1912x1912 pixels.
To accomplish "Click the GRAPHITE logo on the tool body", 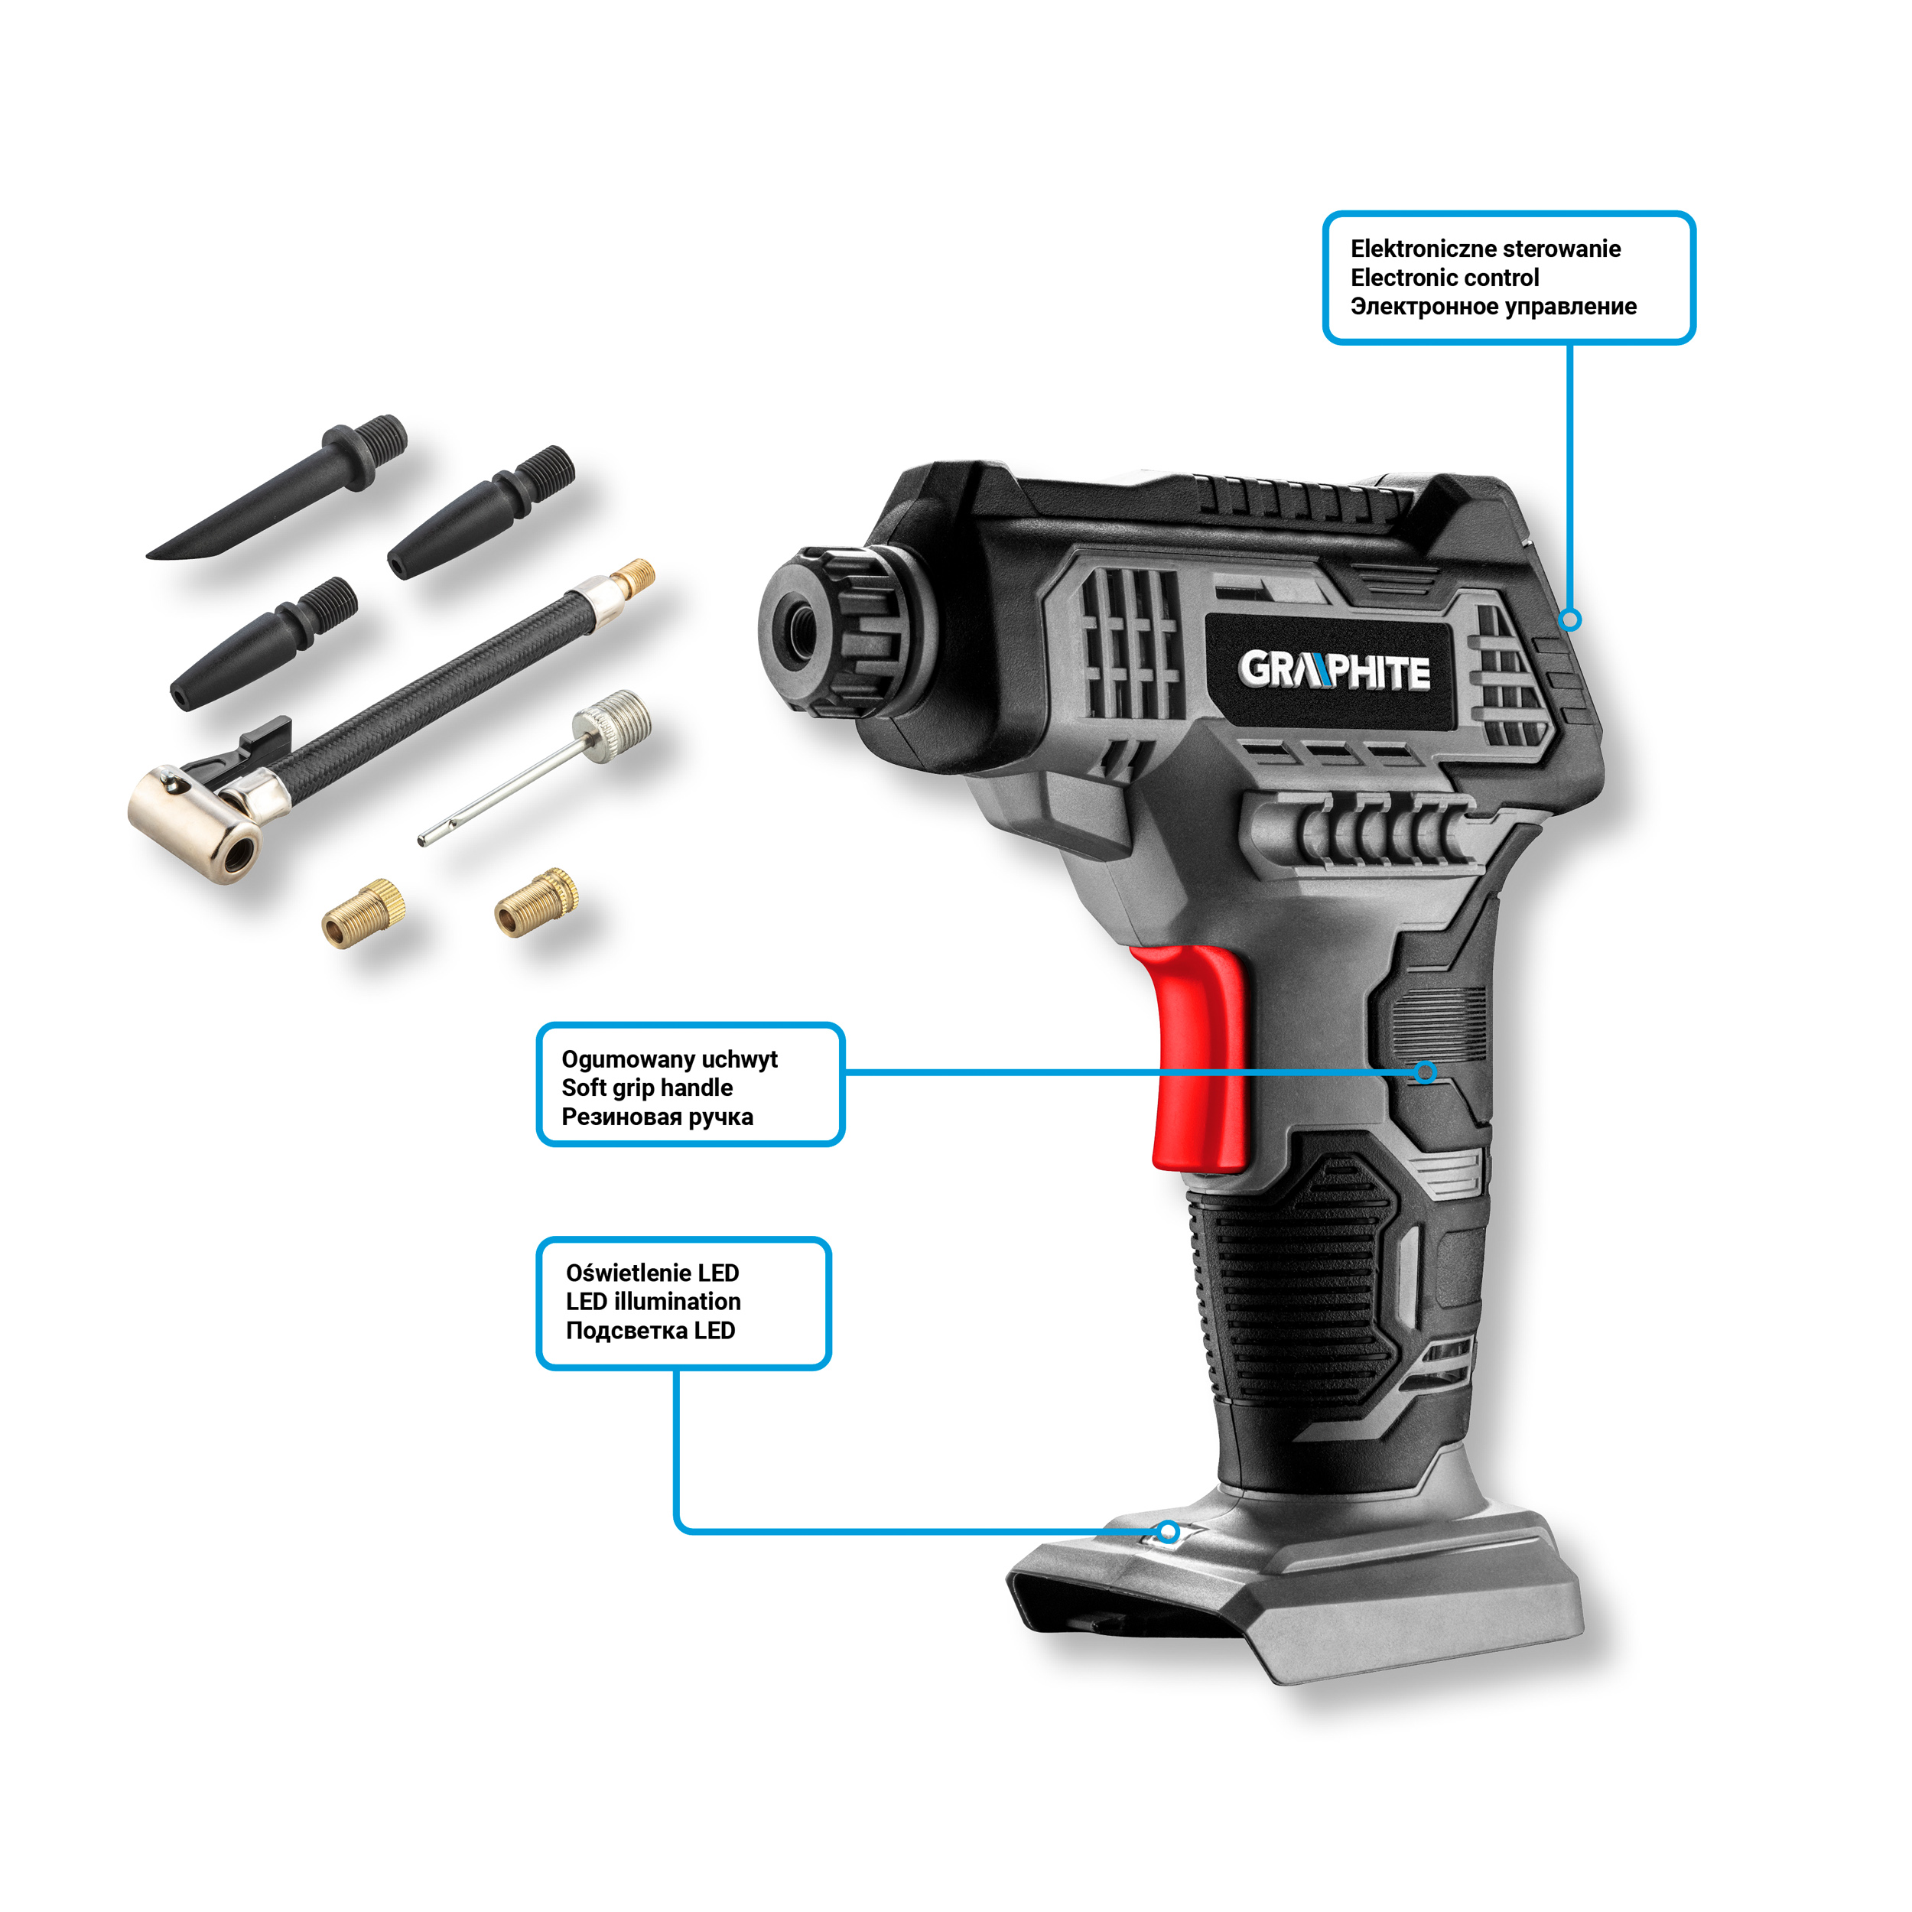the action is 1333,671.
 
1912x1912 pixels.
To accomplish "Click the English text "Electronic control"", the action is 1444,278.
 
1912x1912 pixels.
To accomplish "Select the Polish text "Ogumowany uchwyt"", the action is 669,1060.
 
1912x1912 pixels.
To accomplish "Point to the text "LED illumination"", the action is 653,1302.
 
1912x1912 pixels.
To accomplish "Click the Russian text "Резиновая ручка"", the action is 657,1117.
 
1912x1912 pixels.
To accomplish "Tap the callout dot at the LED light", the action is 1169,1532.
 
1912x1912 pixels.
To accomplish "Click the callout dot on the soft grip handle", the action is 1425,1071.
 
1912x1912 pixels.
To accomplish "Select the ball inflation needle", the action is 535,767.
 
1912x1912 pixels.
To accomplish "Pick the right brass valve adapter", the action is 536,902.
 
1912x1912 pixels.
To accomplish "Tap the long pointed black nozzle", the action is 277,487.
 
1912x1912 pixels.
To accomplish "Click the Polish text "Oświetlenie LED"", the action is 652,1273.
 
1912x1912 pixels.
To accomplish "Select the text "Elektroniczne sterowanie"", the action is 1485,249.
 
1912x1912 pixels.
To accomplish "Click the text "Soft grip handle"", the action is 647,1088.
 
